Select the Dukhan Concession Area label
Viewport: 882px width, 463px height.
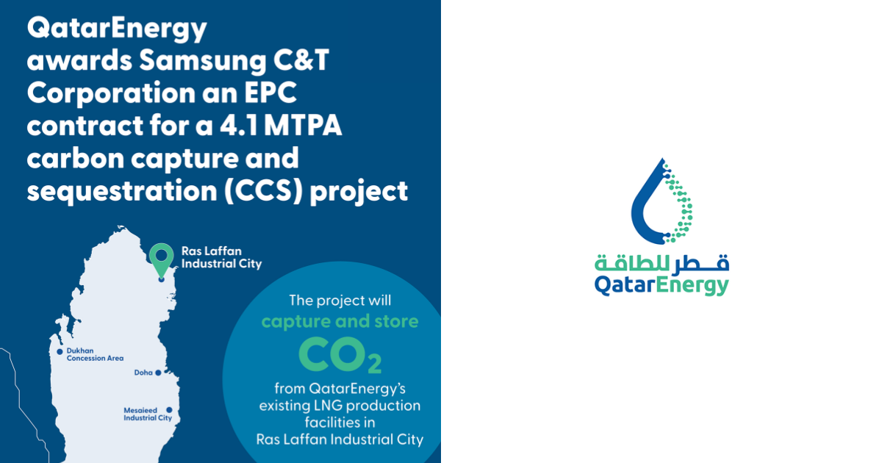pos(95,354)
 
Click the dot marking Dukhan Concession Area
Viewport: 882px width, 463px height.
pos(60,351)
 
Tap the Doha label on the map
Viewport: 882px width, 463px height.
pos(143,373)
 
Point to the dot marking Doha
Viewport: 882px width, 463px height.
pos(158,373)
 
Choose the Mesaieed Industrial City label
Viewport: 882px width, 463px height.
pos(147,414)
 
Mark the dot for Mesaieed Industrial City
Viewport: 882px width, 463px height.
pos(169,410)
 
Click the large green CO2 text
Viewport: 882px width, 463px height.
pos(340,355)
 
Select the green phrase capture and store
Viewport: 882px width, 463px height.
pos(340,322)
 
